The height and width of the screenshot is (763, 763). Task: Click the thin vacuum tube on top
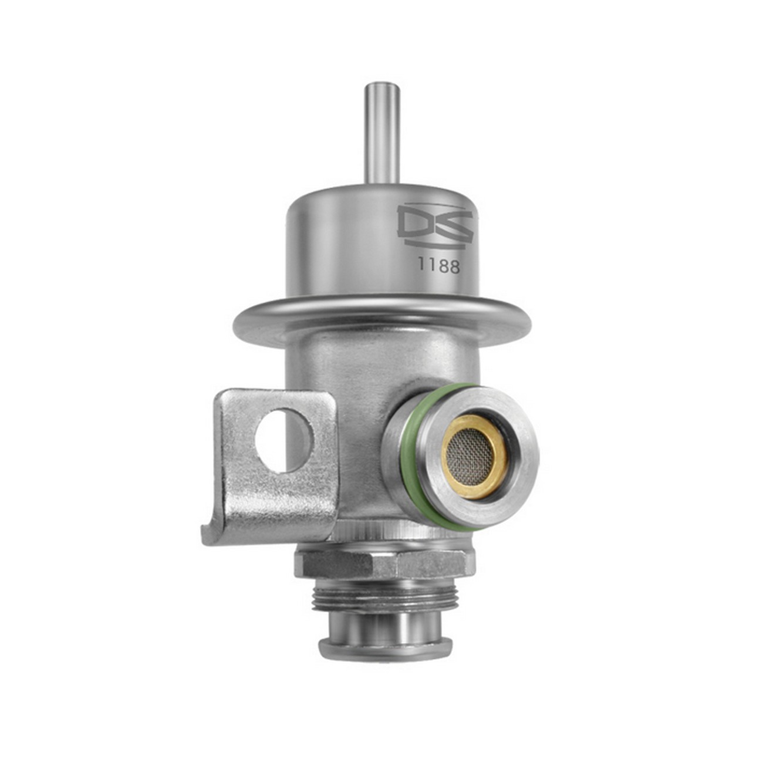(x=381, y=135)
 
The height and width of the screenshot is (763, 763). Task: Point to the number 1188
(x=438, y=266)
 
